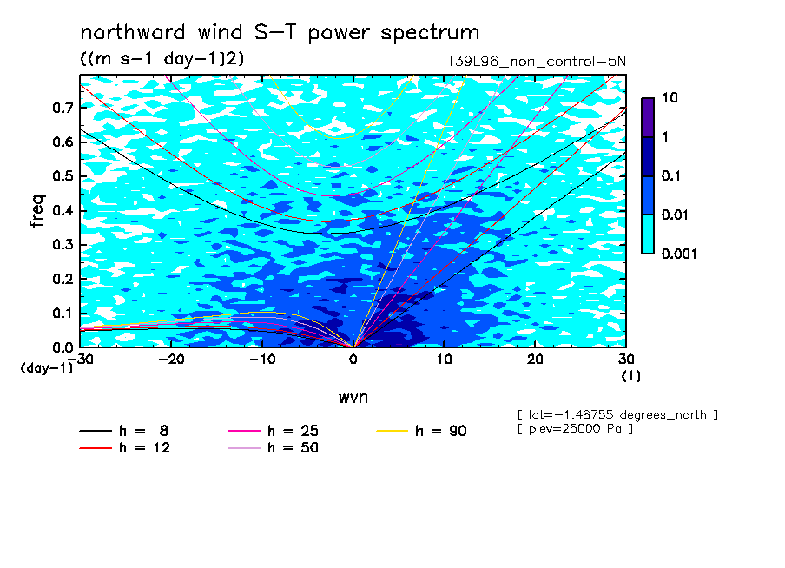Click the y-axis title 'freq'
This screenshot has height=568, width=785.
pos(37,211)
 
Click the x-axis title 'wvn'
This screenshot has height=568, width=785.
pos(353,398)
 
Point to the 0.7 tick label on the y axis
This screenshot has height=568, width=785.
pos(63,108)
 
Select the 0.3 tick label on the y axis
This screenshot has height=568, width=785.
pos(63,244)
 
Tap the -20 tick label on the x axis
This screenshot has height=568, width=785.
pos(171,360)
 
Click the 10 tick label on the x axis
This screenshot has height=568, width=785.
pos(444,360)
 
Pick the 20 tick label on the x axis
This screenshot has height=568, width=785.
pos(535,360)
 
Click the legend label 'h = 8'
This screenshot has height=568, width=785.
pos(143,431)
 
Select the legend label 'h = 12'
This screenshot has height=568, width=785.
pos(145,448)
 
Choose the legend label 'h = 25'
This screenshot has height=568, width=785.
pos(293,431)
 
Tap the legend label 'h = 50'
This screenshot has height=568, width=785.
pos(293,448)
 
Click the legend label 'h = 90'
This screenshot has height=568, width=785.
pos(441,431)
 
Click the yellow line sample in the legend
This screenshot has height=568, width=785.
pos(392,431)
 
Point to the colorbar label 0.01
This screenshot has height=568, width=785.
pos(675,215)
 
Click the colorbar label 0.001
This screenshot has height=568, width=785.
pos(679,254)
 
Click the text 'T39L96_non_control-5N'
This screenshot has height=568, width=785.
pos(536,62)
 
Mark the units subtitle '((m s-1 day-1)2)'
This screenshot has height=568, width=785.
pos(162,59)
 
